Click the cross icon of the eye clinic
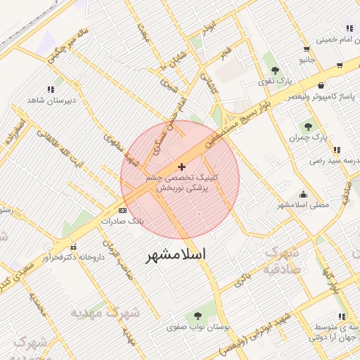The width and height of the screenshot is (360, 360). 182,167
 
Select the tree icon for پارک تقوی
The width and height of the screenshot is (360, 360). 274,70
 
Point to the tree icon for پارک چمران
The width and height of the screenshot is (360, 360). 308,127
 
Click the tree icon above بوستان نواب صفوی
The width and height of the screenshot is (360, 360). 196,315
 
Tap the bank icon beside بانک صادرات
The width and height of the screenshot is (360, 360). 123,210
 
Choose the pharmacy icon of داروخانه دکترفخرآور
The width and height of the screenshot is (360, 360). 91,247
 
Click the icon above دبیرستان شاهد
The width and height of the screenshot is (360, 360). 50,89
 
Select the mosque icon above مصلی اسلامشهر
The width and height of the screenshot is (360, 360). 303,194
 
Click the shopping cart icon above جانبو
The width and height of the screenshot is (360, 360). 307,49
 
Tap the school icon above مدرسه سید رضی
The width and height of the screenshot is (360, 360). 337,150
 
